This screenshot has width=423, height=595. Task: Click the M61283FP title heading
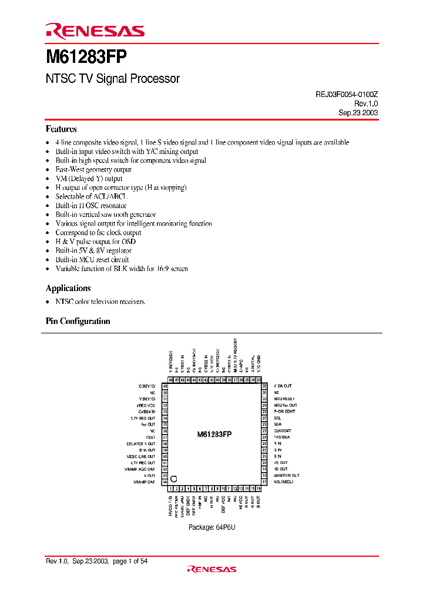pyautogui.click(x=86, y=58)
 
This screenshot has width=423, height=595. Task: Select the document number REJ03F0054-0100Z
pyautogui.click(x=343, y=94)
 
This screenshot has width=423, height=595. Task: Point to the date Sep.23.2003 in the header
pyautogui.click(x=358, y=112)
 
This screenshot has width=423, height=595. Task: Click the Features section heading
pyautogui.click(x=61, y=129)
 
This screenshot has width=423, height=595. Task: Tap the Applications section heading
pyautogui.click(x=68, y=288)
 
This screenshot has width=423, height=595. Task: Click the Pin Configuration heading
pyautogui.click(x=78, y=321)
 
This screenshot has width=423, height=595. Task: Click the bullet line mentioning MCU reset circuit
pyautogui.click(x=92, y=259)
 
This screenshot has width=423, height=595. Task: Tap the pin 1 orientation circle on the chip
pyautogui.click(x=174, y=479)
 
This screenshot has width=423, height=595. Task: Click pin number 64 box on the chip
pyautogui.click(x=165, y=482)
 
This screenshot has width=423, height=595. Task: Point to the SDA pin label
pyautogui.click(x=277, y=424)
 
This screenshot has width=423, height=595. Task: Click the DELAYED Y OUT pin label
pyautogui.click(x=141, y=443)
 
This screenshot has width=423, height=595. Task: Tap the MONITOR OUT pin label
pyautogui.click(x=286, y=475)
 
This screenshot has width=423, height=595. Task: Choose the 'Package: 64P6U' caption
pyautogui.click(x=211, y=527)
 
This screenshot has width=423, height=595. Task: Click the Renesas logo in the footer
pyautogui.click(x=211, y=569)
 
